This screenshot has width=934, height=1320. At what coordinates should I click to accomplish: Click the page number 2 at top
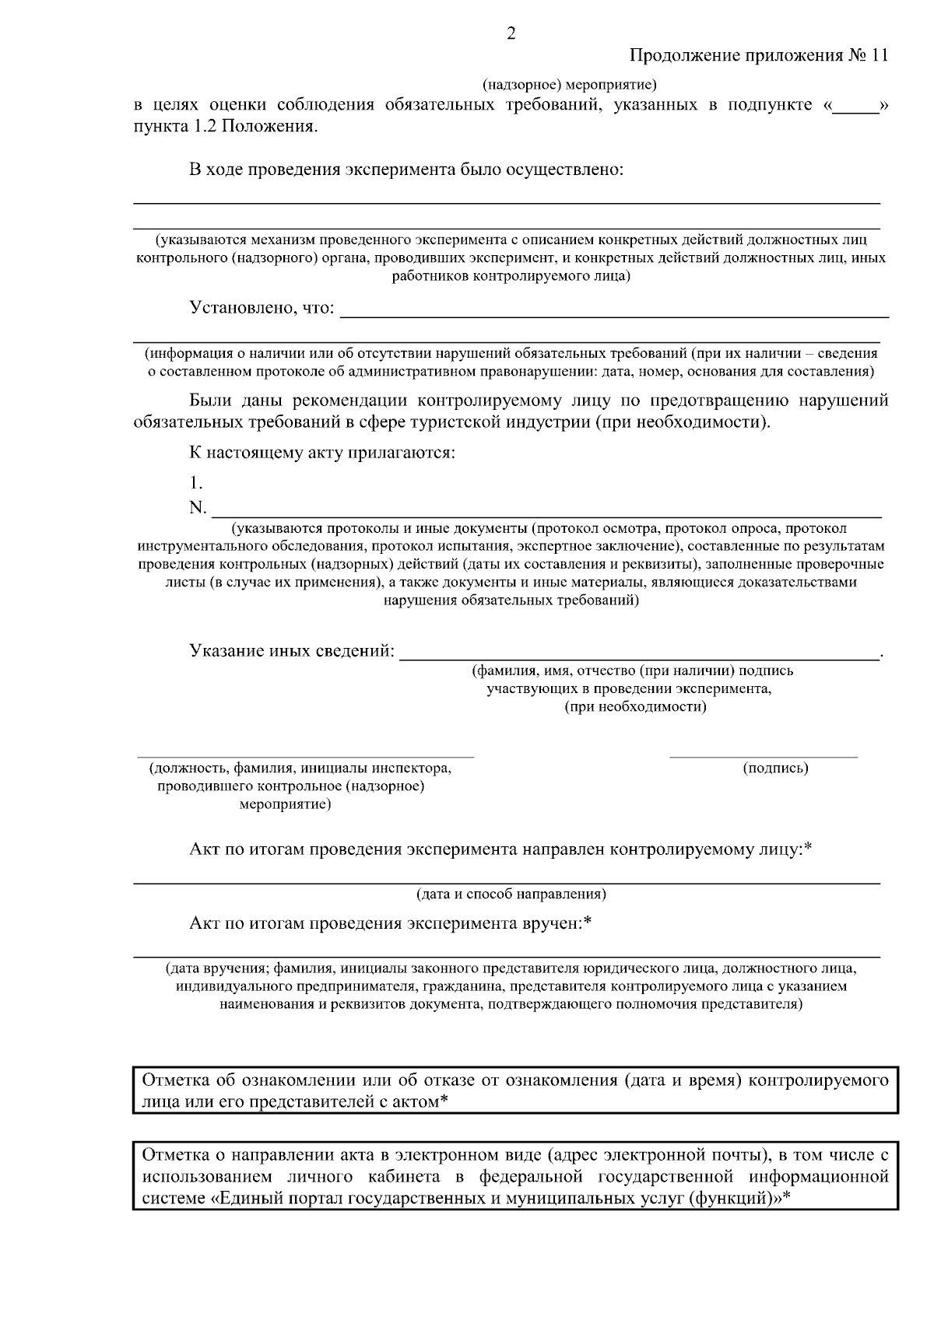point(511,33)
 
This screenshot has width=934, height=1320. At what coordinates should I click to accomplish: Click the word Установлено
point(239,309)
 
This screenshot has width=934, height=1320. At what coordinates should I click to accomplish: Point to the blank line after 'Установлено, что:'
point(615,315)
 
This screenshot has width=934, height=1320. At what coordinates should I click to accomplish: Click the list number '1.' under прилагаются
point(196,481)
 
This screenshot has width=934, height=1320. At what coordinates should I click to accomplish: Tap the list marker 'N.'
point(198,508)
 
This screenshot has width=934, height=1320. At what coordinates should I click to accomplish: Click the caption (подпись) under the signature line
point(776,769)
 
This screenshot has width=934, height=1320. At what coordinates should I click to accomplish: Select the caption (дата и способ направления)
point(511,894)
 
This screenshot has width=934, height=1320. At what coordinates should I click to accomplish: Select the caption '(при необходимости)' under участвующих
point(635,707)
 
